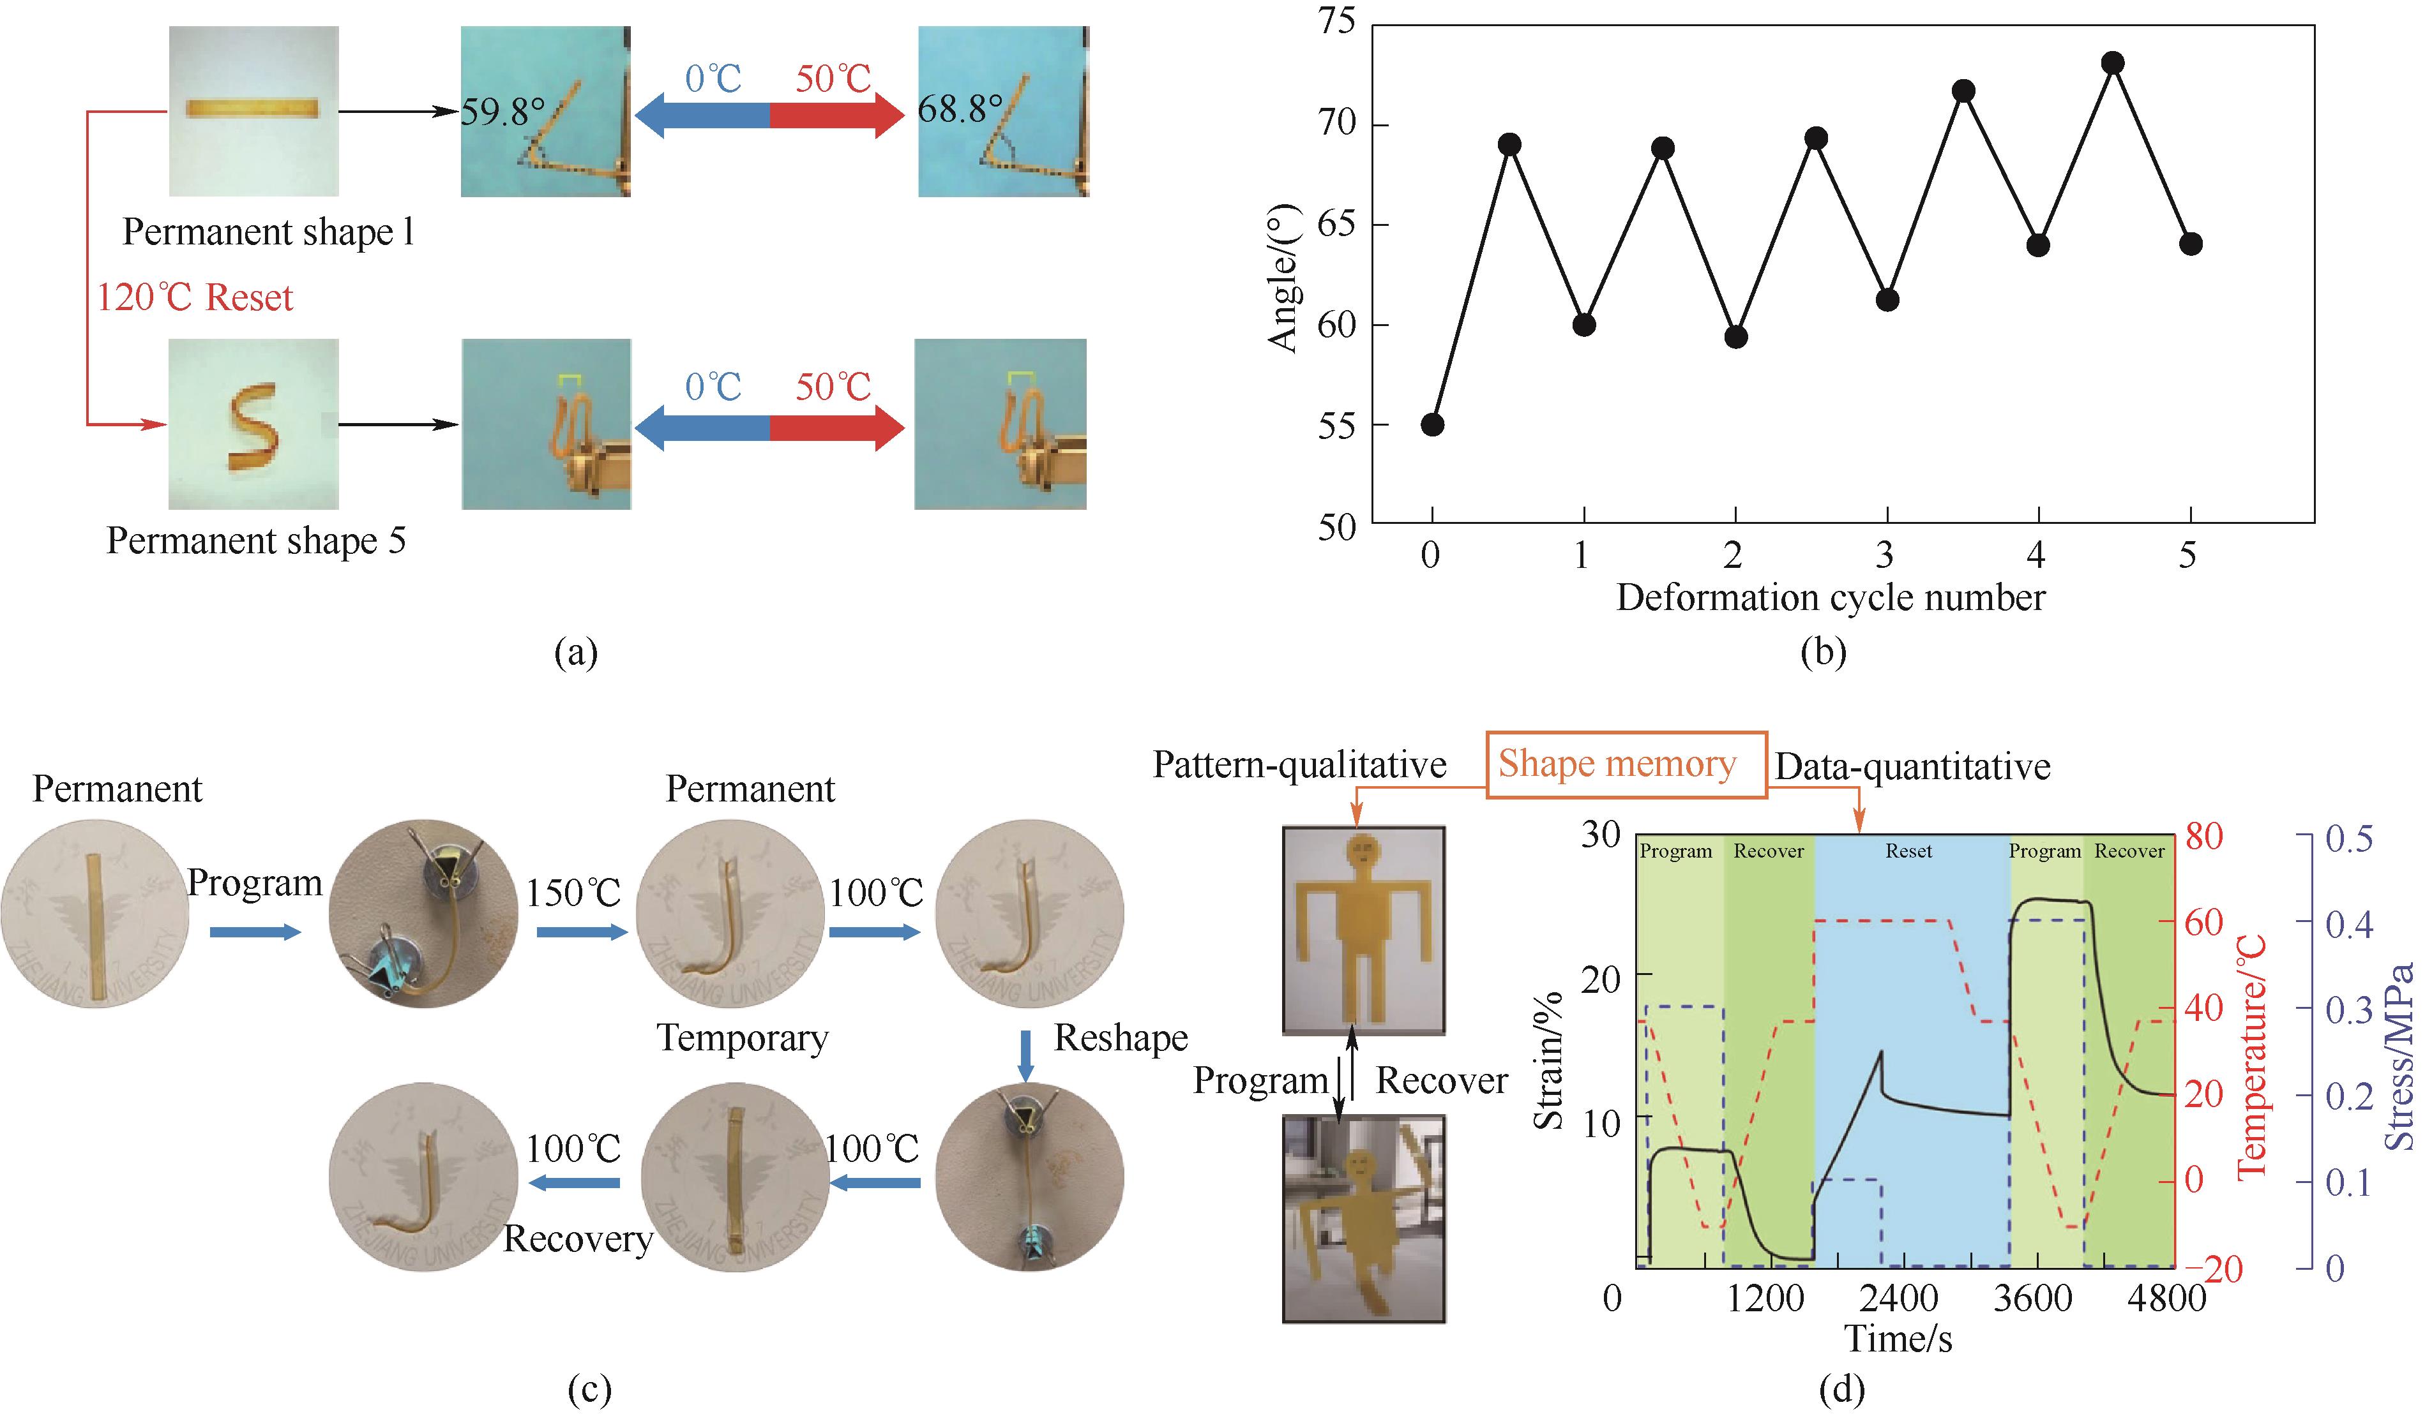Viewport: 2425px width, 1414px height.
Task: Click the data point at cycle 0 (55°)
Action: click(x=1432, y=424)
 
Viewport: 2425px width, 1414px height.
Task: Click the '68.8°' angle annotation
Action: click(x=960, y=108)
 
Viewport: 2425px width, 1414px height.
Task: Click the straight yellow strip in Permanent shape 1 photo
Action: click(x=252, y=108)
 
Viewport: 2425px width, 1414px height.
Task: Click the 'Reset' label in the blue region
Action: click(x=1908, y=851)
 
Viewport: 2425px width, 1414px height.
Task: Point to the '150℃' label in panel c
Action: click(x=573, y=893)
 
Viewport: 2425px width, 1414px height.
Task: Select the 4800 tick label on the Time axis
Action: click(x=2166, y=1299)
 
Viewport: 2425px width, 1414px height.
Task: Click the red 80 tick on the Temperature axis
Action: click(x=2203, y=836)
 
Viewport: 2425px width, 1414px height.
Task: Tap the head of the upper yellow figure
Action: click(x=1364, y=852)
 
